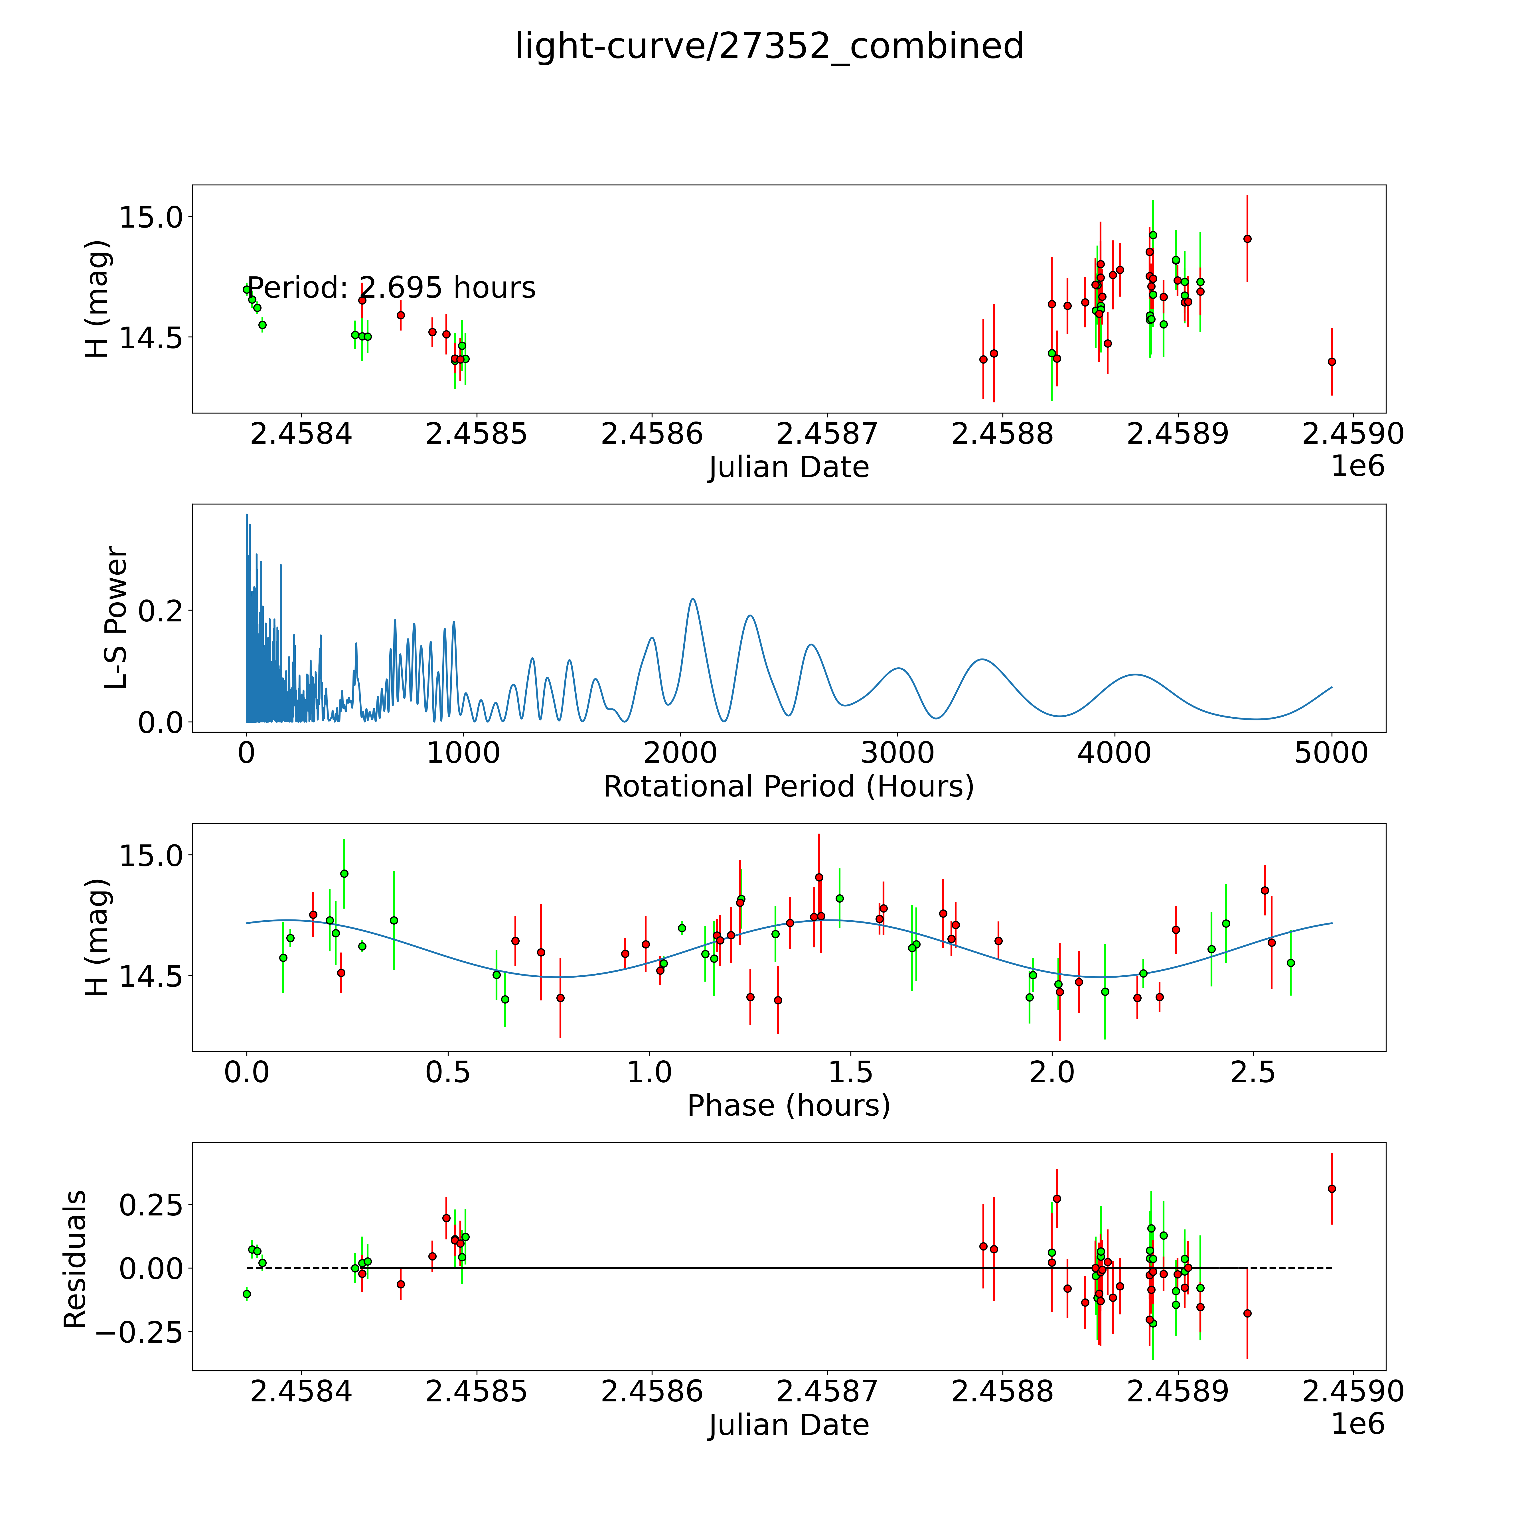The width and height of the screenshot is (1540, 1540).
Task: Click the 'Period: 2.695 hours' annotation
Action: click(x=391, y=288)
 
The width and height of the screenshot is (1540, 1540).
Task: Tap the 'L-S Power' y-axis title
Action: click(x=116, y=618)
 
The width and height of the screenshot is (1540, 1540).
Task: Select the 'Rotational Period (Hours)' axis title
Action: click(x=788, y=787)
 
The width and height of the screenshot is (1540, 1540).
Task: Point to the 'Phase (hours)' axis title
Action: click(x=788, y=1106)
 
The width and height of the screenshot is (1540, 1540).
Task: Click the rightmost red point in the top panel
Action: click(x=1331, y=361)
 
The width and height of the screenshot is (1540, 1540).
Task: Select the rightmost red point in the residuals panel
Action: click(x=1331, y=1188)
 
